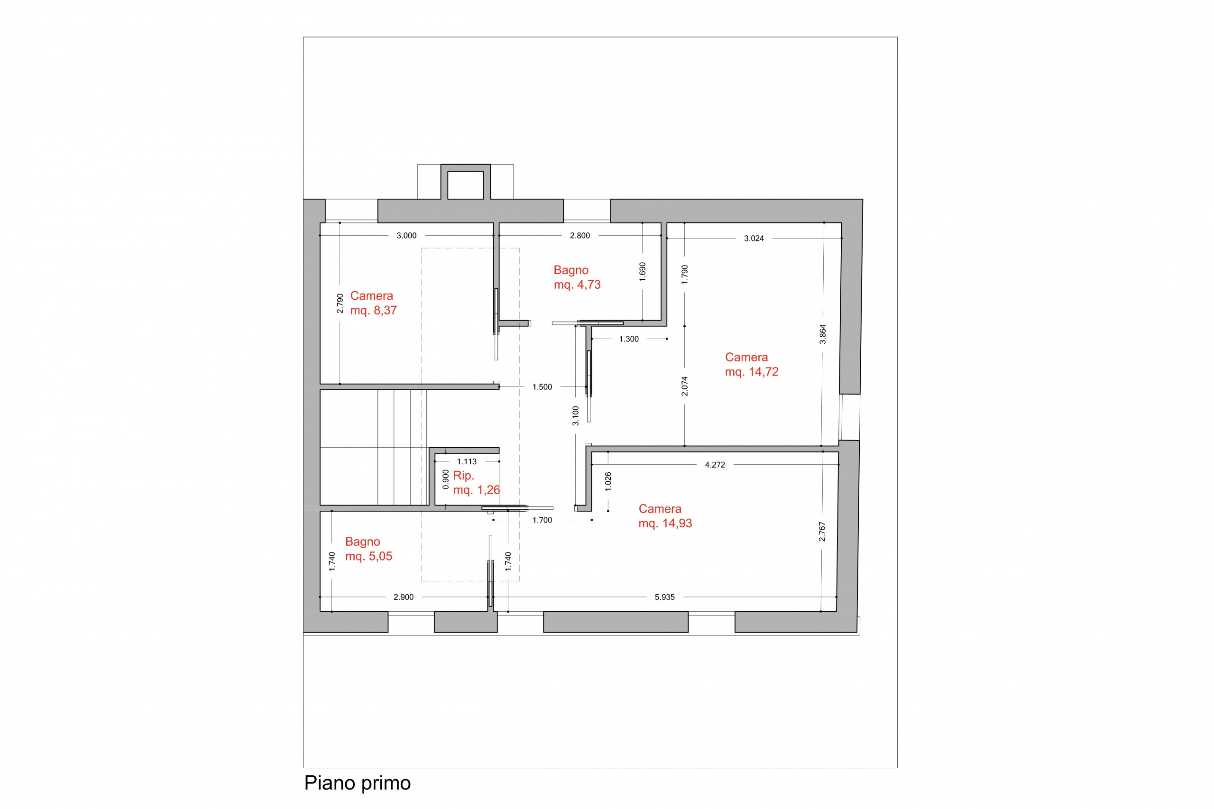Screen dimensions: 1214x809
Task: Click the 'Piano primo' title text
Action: [357, 783]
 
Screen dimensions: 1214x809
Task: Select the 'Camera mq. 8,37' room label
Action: [374, 303]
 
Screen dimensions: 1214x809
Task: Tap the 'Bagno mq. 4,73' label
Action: [577, 277]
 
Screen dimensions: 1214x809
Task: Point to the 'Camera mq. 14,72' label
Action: [751, 364]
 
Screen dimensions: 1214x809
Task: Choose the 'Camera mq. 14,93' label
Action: [665, 516]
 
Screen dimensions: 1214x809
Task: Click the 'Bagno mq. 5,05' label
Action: [368, 549]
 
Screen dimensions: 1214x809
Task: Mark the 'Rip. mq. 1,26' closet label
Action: [476, 482]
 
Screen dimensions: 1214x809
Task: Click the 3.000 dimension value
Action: [406, 236]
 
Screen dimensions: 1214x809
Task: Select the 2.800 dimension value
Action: [579, 236]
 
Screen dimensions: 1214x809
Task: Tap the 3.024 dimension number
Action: [754, 239]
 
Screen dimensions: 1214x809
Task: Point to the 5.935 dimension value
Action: [664, 597]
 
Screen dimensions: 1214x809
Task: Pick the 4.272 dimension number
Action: [715, 465]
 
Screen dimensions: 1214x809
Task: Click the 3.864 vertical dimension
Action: [822, 334]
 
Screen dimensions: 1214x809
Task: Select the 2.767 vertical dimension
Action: [822, 532]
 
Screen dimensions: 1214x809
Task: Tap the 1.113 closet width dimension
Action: [467, 462]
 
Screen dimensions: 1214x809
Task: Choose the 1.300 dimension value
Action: [629, 339]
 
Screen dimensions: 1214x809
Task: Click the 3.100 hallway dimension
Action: [576, 416]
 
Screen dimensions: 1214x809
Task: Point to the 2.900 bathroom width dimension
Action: [404, 597]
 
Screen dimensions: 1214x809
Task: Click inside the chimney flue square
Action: [465, 185]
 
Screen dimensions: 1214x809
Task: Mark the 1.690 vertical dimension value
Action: [643, 272]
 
